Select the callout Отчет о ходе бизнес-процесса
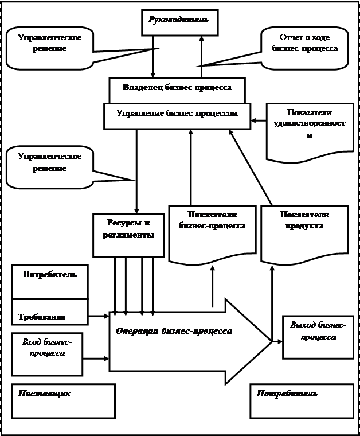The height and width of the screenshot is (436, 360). [x=304, y=44]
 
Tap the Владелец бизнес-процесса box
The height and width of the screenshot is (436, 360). [x=177, y=88]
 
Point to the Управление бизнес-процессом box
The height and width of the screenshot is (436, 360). [x=177, y=114]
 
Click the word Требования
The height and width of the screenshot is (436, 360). [x=41, y=317]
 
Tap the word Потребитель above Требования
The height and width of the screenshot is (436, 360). [x=50, y=274]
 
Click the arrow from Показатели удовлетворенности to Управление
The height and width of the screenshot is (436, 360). [x=259, y=120]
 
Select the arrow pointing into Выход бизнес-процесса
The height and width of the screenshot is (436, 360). [x=277, y=342]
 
